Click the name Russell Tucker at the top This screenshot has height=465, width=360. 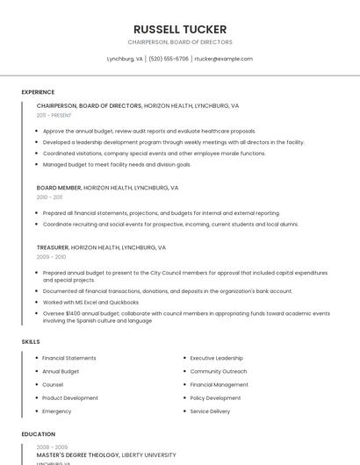pos(180,29)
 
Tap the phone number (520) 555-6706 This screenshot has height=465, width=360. pos(169,59)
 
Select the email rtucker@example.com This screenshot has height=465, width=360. pos(223,59)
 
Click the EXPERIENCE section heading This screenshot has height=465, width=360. pos(38,92)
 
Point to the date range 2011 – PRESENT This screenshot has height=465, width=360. pos(54,115)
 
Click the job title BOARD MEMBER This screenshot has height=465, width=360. pos(59,188)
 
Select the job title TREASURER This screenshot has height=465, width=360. pos(53,248)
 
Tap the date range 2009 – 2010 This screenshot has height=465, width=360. pos(51,257)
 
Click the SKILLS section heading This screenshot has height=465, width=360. pos(31,341)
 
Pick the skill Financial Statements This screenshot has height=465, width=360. pos(69,358)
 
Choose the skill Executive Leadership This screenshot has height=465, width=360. pos(217,358)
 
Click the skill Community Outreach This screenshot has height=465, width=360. pos(219,371)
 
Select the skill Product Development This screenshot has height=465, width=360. pos(70,397)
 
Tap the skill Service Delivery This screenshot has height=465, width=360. pos(210,411)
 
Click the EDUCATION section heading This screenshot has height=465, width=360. pos(39,434)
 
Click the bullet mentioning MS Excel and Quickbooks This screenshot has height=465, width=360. pos(90,302)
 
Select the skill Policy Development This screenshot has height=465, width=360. pos(216,397)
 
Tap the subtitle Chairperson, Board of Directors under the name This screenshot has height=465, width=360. pos(180,42)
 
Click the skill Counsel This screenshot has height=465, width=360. pos(53,384)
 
